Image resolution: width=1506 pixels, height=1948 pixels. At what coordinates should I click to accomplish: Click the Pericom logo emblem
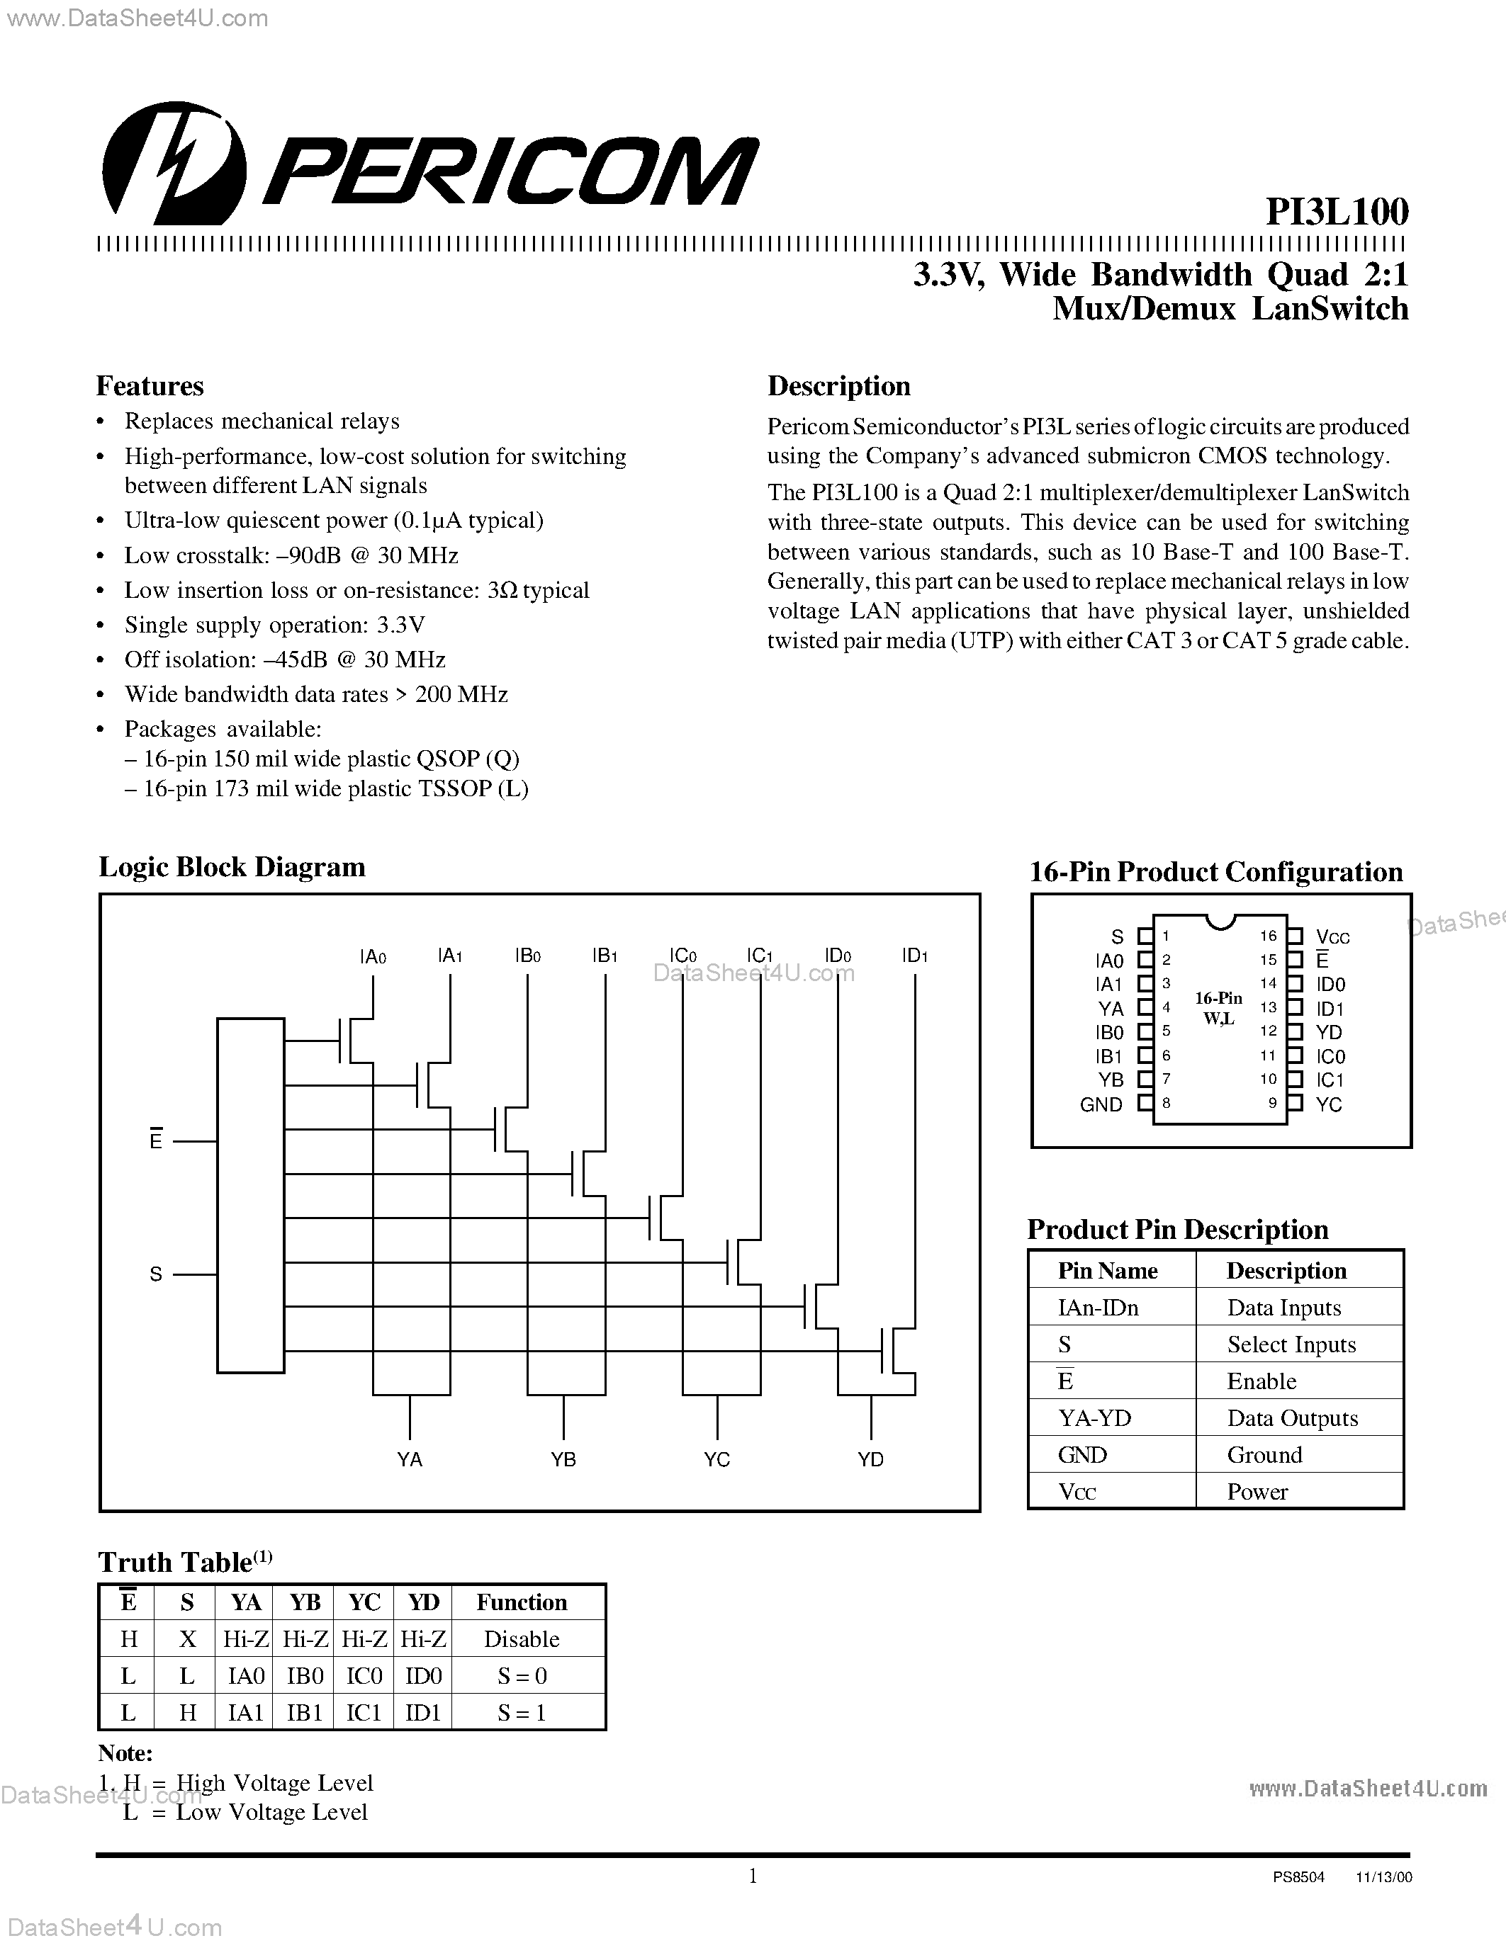click(x=174, y=163)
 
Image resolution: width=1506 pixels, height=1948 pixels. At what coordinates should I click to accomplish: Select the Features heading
click(x=150, y=386)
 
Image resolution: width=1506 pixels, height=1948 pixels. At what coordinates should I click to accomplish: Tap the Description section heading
click(x=838, y=386)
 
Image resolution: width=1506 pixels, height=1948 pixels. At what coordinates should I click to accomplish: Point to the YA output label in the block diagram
click(x=410, y=1459)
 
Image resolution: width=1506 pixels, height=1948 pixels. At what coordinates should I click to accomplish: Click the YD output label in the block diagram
click(x=870, y=1459)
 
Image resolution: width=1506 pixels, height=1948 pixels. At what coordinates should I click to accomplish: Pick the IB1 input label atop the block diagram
click(x=605, y=956)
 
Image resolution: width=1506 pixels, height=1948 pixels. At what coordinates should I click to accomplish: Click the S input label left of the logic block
click(x=156, y=1274)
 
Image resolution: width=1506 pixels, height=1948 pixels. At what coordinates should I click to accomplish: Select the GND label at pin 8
click(x=1101, y=1104)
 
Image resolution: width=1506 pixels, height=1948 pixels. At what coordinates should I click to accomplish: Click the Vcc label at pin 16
click(x=1333, y=937)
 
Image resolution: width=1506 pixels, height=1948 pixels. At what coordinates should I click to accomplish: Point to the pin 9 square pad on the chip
click(x=1296, y=1104)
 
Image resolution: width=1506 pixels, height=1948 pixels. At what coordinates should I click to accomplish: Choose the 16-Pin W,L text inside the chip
click(x=1219, y=1009)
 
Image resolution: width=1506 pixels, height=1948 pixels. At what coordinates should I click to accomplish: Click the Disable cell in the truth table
click(x=521, y=1639)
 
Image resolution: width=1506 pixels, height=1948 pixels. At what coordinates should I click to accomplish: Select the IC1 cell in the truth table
click(x=364, y=1713)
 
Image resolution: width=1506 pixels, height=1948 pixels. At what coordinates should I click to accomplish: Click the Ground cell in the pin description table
click(x=1264, y=1455)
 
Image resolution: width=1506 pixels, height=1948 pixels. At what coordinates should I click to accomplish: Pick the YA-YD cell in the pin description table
click(x=1095, y=1418)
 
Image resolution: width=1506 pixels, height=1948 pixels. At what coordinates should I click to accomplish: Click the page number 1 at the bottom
click(x=752, y=1876)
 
